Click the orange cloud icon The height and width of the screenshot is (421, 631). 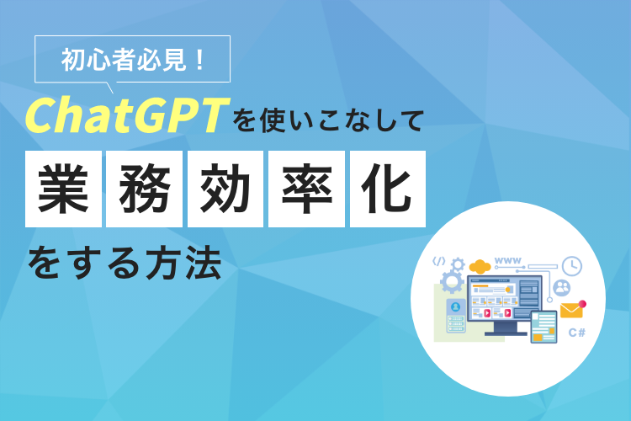click(x=480, y=267)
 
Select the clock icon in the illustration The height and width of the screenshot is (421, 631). click(x=572, y=265)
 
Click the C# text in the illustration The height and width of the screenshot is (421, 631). click(x=576, y=333)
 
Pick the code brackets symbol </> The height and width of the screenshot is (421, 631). click(x=439, y=262)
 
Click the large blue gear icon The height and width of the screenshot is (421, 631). click(x=453, y=282)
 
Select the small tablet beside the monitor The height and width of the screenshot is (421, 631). click(x=544, y=327)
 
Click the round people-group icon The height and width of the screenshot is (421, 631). click(x=561, y=288)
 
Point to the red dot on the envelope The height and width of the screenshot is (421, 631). click(x=582, y=303)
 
